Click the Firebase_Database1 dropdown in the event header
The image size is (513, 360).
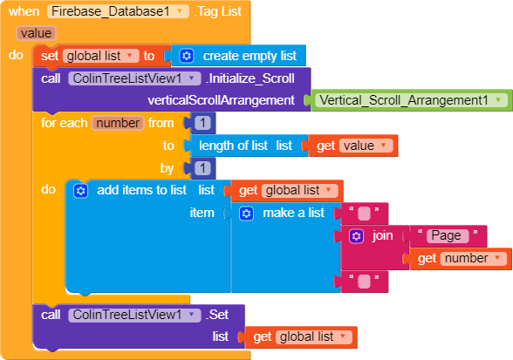[x=118, y=11]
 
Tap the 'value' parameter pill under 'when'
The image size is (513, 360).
[x=36, y=33]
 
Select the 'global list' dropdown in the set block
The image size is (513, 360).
[x=101, y=56]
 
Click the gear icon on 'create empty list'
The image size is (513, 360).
[x=187, y=56]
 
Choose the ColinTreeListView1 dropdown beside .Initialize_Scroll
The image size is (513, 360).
[x=134, y=78]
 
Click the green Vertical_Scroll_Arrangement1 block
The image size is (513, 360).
[x=411, y=100]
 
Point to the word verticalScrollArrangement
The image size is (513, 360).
[x=221, y=100]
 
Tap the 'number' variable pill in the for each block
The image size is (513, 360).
[x=118, y=123]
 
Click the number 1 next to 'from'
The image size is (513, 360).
[x=202, y=123]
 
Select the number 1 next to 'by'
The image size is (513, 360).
[x=202, y=168]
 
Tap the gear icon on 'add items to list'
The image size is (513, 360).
[x=81, y=191]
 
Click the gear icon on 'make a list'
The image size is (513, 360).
[x=246, y=214]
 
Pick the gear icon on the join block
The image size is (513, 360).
[x=356, y=236]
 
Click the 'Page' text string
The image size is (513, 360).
[x=448, y=236]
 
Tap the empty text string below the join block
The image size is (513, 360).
[x=364, y=282]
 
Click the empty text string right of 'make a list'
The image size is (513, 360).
[x=364, y=214]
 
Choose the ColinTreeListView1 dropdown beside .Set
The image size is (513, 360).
[x=134, y=315]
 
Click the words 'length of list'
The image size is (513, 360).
[x=233, y=146]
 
